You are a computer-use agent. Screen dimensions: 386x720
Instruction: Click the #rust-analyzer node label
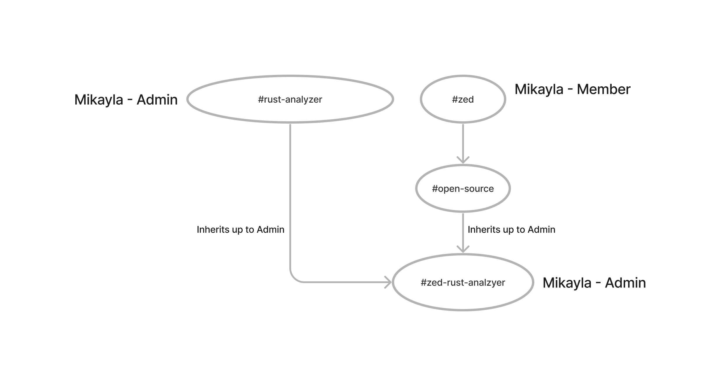290,99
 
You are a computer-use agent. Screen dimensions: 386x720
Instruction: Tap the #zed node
463,99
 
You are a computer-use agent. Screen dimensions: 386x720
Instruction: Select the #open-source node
463,189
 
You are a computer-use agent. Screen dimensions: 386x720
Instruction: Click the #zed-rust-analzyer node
463,282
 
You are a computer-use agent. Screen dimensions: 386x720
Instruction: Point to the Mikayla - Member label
572,89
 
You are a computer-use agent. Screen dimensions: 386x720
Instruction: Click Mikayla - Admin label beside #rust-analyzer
126,100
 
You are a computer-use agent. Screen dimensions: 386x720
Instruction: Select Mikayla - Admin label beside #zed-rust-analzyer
594,283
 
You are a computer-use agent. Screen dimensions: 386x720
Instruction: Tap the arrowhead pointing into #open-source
463,161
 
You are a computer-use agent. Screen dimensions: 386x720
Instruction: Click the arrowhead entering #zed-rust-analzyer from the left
389,282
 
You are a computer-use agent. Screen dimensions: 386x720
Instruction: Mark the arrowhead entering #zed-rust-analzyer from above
463,250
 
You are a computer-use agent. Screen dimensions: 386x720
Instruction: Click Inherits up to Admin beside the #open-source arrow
511,230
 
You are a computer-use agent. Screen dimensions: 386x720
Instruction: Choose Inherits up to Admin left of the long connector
240,230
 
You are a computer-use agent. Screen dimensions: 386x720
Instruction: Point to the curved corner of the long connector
293,278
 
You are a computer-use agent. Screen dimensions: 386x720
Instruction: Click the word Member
604,89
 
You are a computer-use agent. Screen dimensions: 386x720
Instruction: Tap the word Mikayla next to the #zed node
539,89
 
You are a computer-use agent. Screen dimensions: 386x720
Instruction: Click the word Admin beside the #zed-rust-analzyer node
625,283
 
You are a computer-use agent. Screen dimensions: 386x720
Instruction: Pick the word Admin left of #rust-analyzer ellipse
157,100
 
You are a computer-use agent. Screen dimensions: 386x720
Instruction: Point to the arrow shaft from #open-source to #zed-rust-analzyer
463,230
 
